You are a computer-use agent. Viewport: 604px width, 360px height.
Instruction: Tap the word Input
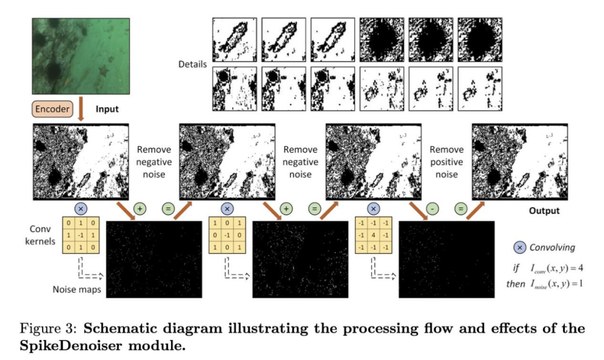(107, 109)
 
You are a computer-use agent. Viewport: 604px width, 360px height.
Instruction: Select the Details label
(192, 64)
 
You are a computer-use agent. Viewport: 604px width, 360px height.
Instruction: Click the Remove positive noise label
(447, 162)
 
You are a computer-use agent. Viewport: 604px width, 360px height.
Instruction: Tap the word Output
(545, 211)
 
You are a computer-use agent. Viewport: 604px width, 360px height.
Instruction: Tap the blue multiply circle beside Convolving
(520, 247)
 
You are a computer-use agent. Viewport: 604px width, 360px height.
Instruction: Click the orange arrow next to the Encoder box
(81, 110)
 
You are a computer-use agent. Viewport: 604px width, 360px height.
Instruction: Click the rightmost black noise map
(447, 260)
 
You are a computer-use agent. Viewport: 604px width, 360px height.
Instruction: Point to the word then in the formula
(515, 284)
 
